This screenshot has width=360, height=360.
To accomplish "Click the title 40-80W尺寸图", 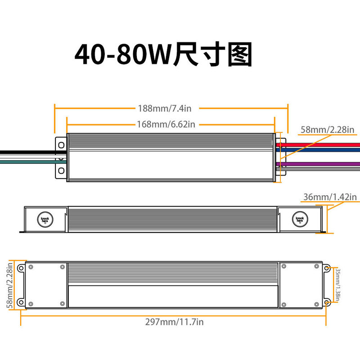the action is (163, 55).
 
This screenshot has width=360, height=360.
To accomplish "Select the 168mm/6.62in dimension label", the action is (167, 124).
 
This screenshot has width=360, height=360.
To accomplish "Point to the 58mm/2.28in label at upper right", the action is (328, 130).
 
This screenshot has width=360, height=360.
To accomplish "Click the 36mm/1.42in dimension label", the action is (330, 197).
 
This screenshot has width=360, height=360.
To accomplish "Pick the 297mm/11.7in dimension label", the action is (175, 322).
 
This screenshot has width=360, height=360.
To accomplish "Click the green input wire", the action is (27, 161).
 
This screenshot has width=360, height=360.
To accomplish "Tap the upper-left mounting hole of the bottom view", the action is (20, 268).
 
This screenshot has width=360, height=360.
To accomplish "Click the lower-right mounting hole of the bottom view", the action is (326, 301).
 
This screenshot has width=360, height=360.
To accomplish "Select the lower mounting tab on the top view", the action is (60, 171).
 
